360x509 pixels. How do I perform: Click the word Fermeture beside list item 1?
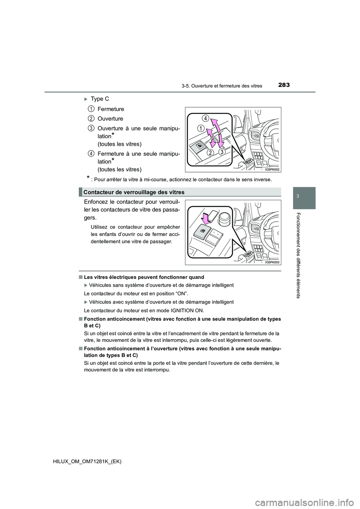(x=110, y=109)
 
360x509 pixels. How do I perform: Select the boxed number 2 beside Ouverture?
(x=91, y=118)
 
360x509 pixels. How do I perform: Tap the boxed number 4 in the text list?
(x=91, y=153)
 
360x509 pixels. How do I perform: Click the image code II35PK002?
(x=272, y=169)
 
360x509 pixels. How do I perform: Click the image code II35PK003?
(x=272, y=262)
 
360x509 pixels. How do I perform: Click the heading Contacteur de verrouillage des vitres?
(x=134, y=192)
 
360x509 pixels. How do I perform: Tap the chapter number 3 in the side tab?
(x=304, y=196)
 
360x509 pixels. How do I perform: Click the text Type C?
(x=100, y=99)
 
